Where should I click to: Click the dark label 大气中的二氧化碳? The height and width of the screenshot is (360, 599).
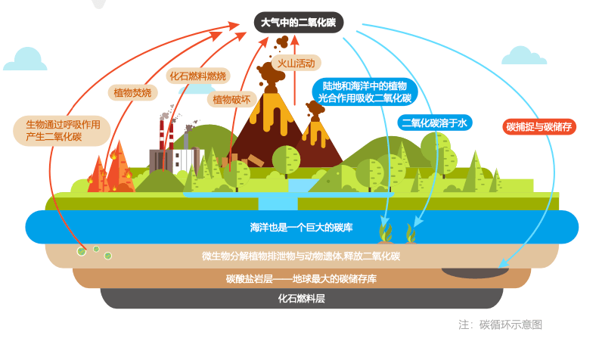[x=299, y=22]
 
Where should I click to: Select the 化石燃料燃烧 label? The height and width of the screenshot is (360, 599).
[x=198, y=76]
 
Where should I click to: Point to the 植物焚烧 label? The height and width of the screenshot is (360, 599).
[x=132, y=92]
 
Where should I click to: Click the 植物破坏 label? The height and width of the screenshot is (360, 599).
[x=231, y=99]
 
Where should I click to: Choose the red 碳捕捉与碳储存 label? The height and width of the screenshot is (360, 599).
[x=539, y=126]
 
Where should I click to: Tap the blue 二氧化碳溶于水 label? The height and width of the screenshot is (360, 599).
[x=436, y=122]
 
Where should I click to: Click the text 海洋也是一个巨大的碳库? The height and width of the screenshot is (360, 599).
[x=302, y=227]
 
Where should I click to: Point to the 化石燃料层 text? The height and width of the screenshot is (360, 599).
[x=302, y=298]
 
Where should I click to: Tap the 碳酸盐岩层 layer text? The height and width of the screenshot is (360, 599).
[x=302, y=278]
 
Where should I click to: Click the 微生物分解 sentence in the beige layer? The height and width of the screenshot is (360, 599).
[x=302, y=256]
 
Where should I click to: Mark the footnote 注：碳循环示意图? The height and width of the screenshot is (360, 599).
[x=500, y=324]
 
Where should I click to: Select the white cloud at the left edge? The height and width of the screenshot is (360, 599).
[x=29, y=60]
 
